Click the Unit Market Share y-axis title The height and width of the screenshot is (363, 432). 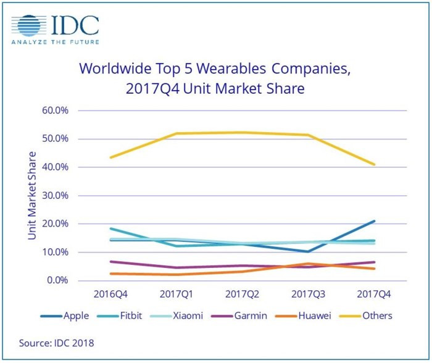coord(32,196)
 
